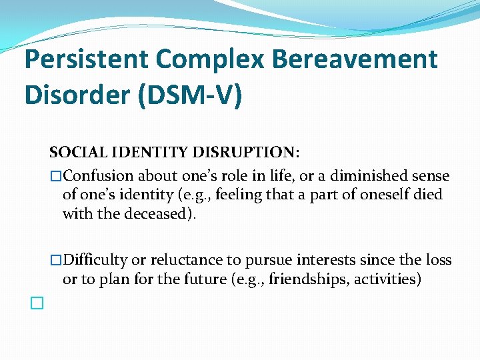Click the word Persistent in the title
[x=85, y=59]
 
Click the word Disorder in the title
[x=75, y=95]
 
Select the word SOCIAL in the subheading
[x=73, y=153]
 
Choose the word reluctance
[x=178, y=260]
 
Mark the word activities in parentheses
[x=388, y=279]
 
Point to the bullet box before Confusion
[x=56, y=176]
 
